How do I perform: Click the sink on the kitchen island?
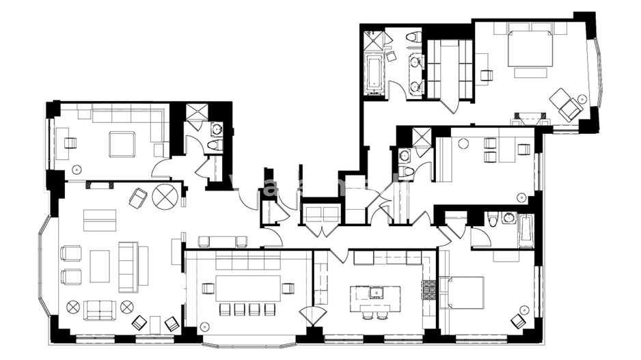point(375,292)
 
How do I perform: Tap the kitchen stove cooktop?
point(428,290)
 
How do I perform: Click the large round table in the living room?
point(165,196)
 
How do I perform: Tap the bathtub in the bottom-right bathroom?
point(526,231)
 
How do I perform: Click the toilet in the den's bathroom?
point(214,144)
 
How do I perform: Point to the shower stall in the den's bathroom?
point(196,113)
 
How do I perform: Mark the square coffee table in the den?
point(122,144)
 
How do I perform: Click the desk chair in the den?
point(70,143)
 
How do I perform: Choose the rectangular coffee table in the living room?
point(100,266)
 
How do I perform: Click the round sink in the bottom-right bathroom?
point(508,218)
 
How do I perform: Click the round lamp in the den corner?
point(76,168)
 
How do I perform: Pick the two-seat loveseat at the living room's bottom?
point(100,309)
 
